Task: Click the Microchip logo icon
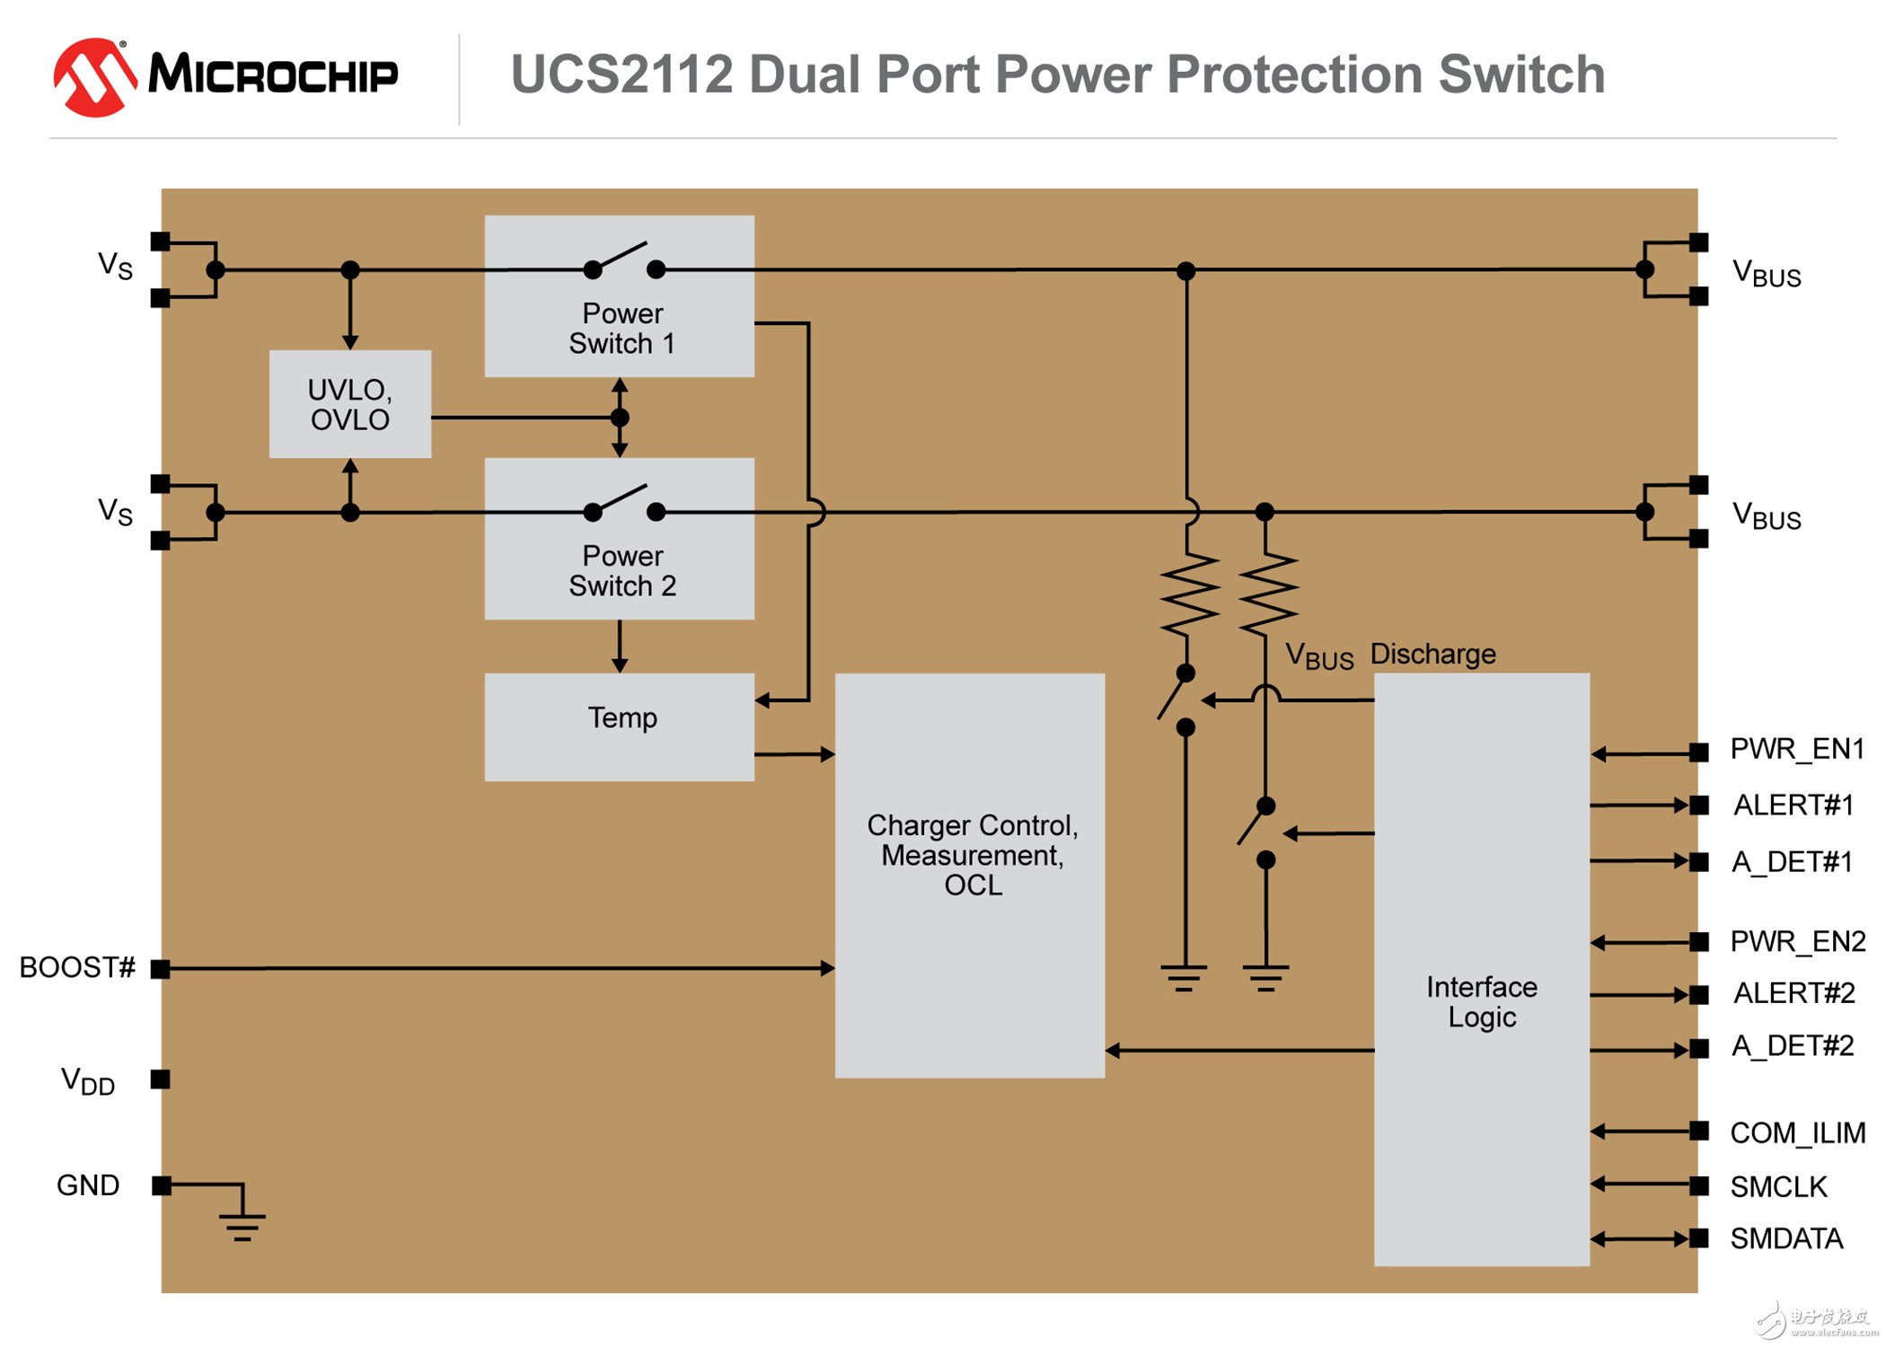click(x=94, y=76)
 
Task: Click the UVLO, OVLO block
click(x=349, y=404)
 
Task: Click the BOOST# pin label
click(x=77, y=967)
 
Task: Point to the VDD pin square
click(x=161, y=1078)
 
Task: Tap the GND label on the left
click(x=87, y=1185)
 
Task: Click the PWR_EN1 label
click(x=1796, y=749)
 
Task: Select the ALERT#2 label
click(x=1793, y=993)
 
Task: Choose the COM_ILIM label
click(x=1797, y=1133)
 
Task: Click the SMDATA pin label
click(x=1785, y=1239)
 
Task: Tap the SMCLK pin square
click(x=1697, y=1185)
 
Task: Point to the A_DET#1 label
click(x=1792, y=862)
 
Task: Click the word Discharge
click(x=1432, y=654)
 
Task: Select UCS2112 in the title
click(x=621, y=75)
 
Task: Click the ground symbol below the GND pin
click(x=242, y=1224)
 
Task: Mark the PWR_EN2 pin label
click(x=1797, y=941)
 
